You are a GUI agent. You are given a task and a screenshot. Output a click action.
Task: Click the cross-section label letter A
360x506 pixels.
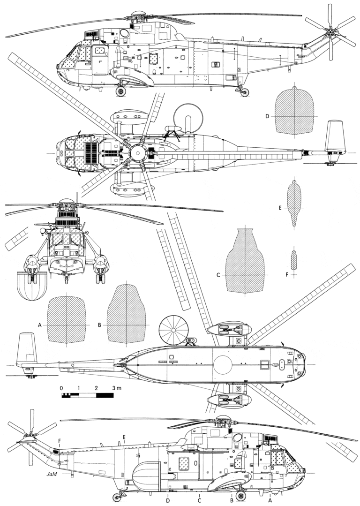pyautogui.click(x=40, y=325)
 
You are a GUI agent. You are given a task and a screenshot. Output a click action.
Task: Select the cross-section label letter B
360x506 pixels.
pyautogui.click(x=100, y=325)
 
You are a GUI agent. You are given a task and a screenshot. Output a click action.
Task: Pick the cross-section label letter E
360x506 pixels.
pyautogui.click(x=280, y=207)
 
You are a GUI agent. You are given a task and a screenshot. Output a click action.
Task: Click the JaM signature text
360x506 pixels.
pyautogui.click(x=52, y=475)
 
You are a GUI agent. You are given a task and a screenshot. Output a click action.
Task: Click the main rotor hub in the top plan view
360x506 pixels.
pyautogui.click(x=138, y=153)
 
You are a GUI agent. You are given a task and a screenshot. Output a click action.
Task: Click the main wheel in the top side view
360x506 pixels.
pyautogui.click(x=121, y=91)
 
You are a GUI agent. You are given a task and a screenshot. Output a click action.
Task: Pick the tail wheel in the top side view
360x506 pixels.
pyautogui.click(x=245, y=92)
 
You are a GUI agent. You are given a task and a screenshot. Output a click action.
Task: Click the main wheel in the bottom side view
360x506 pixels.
pyautogui.click(x=240, y=496)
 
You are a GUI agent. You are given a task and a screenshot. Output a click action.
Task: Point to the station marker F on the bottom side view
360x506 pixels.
pyautogui.click(x=60, y=440)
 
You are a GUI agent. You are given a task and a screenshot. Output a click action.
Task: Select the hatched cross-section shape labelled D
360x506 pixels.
pyautogui.click(x=294, y=111)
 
